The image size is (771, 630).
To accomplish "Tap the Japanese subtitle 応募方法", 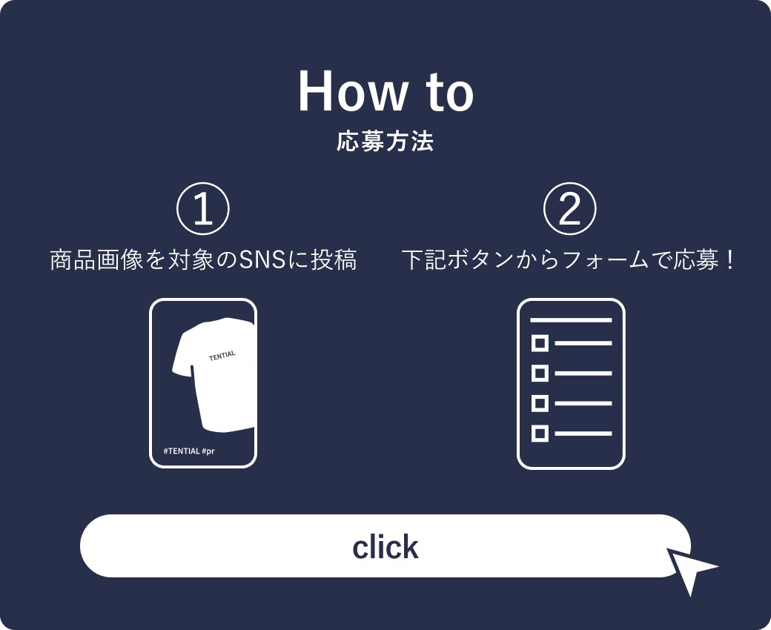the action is (x=385, y=142).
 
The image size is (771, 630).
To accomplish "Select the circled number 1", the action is (x=203, y=209).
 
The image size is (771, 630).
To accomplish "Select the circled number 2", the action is (x=570, y=209).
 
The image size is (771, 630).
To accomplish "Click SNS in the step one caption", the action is (x=262, y=260).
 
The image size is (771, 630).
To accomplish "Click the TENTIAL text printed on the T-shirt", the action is (x=222, y=355).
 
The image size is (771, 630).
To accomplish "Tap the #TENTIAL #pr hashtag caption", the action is (x=189, y=451).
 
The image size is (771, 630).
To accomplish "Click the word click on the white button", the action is (x=385, y=547).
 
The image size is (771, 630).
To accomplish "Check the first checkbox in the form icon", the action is (x=540, y=343).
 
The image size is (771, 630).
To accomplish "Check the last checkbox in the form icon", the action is (x=540, y=434).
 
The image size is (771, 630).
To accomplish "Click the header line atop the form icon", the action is (x=571, y=320).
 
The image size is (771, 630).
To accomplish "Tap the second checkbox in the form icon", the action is (x=540, y=374).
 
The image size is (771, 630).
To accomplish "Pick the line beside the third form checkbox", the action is (x=583, y=403).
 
